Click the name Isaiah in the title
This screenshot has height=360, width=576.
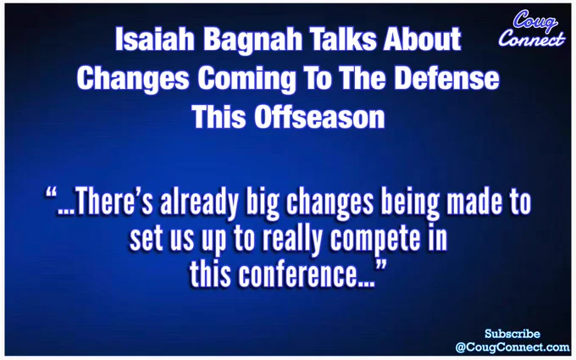point(155,39)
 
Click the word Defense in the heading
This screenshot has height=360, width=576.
point(446,78)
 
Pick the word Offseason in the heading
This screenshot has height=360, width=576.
point(319,117)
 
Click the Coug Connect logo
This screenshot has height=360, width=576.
point(532,29)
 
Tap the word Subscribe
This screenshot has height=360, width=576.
point(512,334)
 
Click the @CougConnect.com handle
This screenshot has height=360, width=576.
point(512,347)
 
